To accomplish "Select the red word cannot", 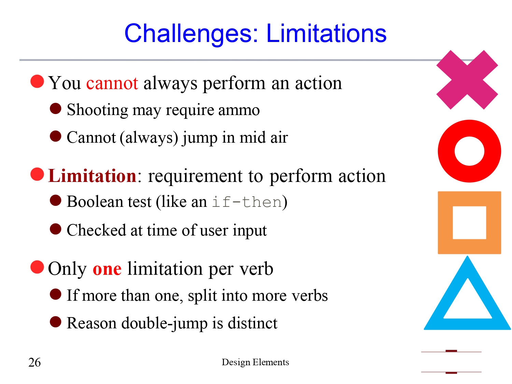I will (112, 83).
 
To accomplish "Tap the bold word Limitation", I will (92, 176).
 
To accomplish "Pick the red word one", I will (107, 269).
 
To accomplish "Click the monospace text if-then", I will (247, 202).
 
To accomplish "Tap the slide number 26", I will (34, 362).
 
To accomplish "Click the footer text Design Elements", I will (255, 362).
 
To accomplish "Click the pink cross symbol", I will (467, 80).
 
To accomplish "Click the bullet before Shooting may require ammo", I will (55, 109).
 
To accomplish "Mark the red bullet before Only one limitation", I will (37, 267).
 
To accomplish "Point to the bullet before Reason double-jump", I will (55, 322).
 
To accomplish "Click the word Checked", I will (96, 230).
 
